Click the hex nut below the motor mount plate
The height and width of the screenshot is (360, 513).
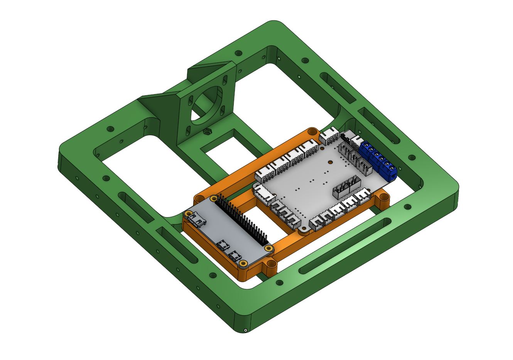coord(208,132)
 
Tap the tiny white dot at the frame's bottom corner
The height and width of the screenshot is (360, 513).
coord(245,330)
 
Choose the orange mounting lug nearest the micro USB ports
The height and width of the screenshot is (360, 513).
coord(271,265)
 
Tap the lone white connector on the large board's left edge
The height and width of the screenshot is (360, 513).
coord(263,192)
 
